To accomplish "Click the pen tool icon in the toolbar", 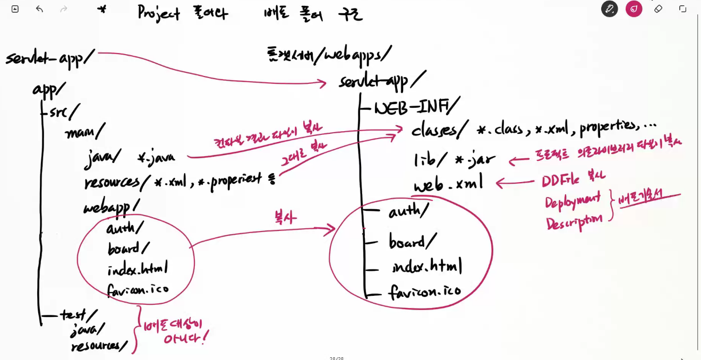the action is pyautogui.click(x=609, y=8).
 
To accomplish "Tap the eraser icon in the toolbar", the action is pyautogui.click(x=658, y=8).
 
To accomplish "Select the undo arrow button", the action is pyautogui.click(x=39, y=9).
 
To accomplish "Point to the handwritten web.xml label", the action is pyautogui.click(x=448, y=184).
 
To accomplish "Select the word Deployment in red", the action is pyautogui.click(x=572, y=201).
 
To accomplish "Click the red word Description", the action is pyautogui.click(x=574, y=220).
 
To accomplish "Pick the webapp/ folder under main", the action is pyautogui.click(x=111, y=207).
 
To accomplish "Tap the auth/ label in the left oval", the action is pyautogui.click(x=125, y=228).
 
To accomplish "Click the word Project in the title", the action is pyautogui.click(x=158, y=13).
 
